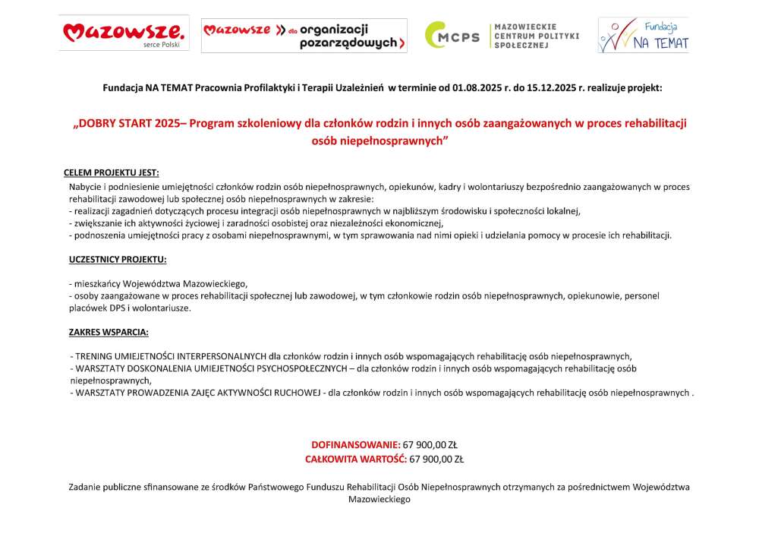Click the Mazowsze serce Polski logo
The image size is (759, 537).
coord(124,34)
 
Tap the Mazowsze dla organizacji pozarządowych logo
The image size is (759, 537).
coord(304,36)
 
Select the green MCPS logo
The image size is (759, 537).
coord(452,36)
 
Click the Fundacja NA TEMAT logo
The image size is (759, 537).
coord(644,35)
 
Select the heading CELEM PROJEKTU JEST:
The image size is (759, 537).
coord(112,172)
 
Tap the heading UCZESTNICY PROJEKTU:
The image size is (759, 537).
coord(117,259)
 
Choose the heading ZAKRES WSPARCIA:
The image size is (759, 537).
coord(109,332)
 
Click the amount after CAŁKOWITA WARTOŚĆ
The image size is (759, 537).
coord(436,459)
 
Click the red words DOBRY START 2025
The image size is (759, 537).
coord(130,123)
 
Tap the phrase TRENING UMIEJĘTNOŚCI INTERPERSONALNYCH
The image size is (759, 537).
coord(170,355)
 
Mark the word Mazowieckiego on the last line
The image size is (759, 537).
coord(379,500)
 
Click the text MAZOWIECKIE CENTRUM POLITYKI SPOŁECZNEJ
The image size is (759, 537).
coord(536,36)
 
